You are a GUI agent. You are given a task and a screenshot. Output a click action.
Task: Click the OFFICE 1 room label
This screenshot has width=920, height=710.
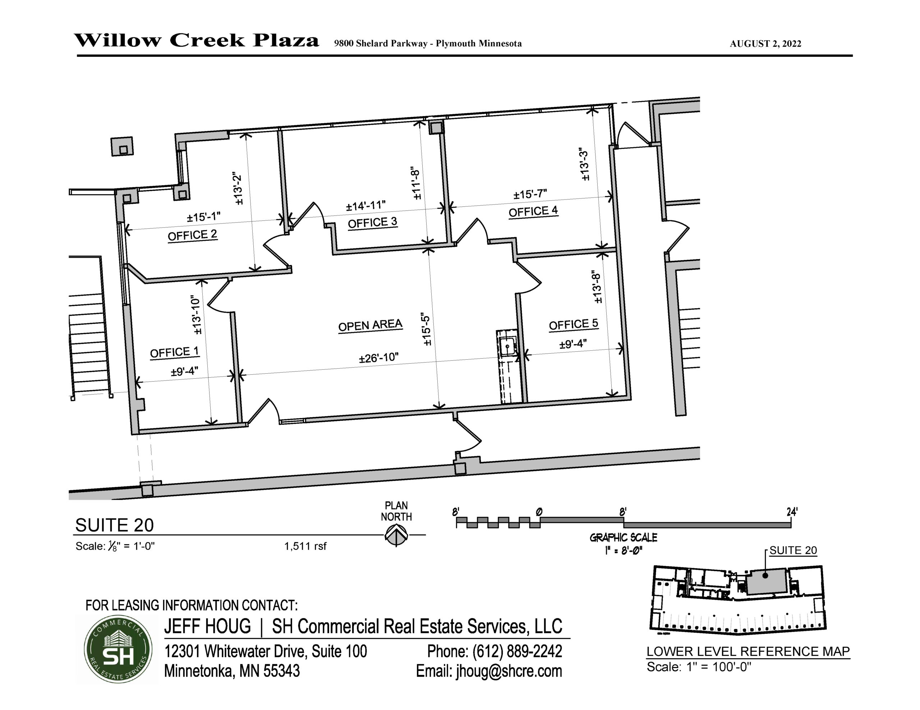click(x=174, y=352)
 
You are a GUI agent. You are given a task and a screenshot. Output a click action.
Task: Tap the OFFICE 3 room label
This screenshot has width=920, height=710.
click(x=372, y=222)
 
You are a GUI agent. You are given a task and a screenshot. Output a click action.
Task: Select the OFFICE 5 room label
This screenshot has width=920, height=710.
click(x=573, y=324)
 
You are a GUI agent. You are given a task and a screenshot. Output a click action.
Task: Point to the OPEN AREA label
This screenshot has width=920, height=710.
click(x=370, y=326)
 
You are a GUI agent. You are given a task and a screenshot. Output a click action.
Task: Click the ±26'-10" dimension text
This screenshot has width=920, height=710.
click(x=379, y=358)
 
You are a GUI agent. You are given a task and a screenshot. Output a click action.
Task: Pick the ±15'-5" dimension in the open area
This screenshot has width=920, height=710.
click(x=426, y=330)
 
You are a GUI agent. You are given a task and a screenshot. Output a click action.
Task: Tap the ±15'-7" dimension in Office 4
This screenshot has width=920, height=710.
click(x=530, y=195)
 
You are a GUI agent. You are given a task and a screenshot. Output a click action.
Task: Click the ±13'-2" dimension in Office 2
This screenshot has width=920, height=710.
click(x=238, y=188)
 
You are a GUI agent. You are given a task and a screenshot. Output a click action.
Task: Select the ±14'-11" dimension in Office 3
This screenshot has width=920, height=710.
click(x=365, y=206)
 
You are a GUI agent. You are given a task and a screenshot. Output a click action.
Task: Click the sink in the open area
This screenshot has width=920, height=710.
click(x=507, y=347)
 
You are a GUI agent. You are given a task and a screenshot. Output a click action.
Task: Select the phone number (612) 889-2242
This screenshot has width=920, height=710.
click(x=494, y=651)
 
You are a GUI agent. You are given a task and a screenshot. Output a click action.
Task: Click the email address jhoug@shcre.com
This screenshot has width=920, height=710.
click(x=509, y=671)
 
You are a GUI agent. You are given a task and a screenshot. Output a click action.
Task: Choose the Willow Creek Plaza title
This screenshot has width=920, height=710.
click(x=197, y=41)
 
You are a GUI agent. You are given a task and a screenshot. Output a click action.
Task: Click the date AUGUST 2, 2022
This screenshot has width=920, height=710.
click(x=765, y=44)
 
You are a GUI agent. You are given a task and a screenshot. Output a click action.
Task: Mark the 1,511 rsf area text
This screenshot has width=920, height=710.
click(x=305, y=546)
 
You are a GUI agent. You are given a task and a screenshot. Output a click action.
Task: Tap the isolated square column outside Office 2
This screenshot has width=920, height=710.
click(x=122, y=146)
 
